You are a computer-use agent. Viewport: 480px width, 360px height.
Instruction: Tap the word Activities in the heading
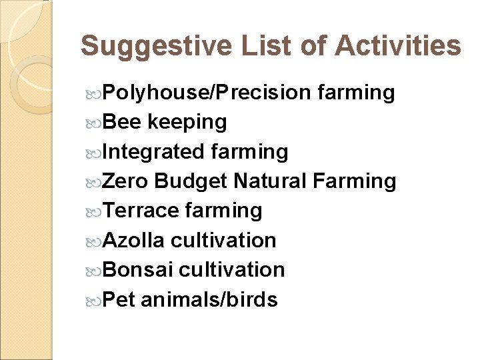tap(398, 46)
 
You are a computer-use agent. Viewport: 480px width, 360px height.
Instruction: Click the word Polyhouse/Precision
tap(207, 93)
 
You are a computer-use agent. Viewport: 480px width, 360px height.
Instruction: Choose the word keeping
tap(187, 123)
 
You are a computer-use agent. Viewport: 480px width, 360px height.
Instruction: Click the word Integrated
tap(153, 152)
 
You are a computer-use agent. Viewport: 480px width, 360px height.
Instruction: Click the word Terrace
tap(141, 210)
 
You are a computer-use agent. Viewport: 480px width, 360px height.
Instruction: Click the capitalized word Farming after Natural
tap(354, 181)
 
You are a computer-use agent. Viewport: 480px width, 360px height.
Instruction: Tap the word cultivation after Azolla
tap(223, 239)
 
